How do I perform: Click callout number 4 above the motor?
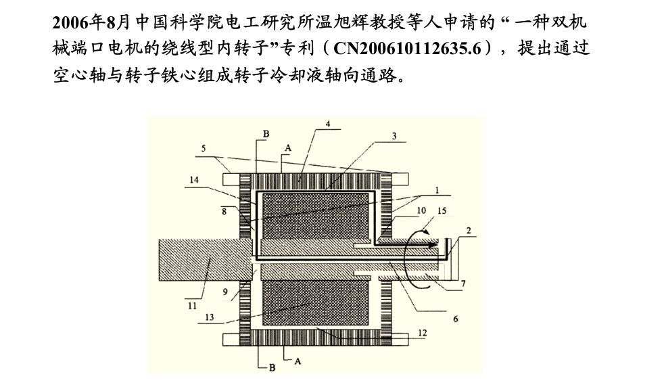[328, 125]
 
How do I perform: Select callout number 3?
[394, 136]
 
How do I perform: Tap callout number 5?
[203, 147]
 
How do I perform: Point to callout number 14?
[194, 180]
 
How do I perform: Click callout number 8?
[224, 211]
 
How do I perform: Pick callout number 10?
[421, 211]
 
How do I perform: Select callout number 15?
[443, 211]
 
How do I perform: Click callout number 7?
[463, 284]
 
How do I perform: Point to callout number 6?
[455, 319]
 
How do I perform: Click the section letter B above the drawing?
[266, 134]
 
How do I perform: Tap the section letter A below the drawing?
[296, 361]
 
